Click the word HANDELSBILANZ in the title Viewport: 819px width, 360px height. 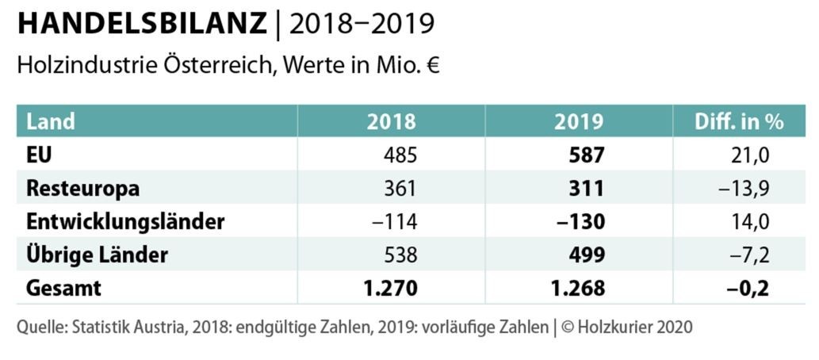point(142,24)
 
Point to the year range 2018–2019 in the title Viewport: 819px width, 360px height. point(362,24)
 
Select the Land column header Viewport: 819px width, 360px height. point(51,121)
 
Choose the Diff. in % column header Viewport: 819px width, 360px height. point(739,121)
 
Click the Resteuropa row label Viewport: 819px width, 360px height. point(82,189)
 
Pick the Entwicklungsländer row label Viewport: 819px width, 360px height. point(125,222)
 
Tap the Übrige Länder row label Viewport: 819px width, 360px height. point(97,255)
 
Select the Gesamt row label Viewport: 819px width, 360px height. point(63,288)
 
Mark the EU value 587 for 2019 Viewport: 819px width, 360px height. point(587,155)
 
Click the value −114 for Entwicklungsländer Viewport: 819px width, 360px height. point(395,222)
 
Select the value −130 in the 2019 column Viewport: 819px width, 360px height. point(582,222)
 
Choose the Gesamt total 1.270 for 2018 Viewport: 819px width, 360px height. point(391,288)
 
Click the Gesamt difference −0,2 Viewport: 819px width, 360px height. point(749,288)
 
